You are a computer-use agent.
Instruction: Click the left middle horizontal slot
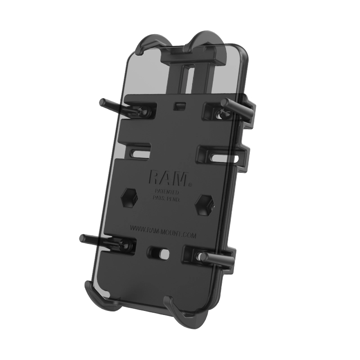click(140, 150)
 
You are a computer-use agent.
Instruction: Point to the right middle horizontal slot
click(223, 158)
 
